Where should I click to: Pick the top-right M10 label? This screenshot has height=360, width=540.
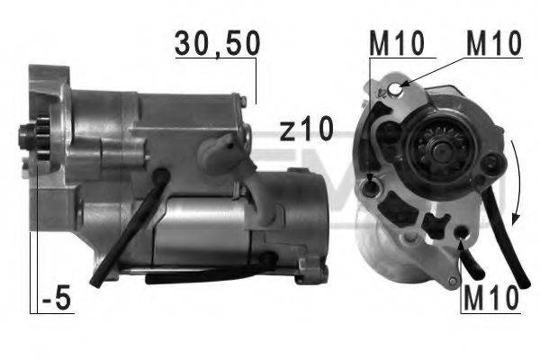coord(494,41)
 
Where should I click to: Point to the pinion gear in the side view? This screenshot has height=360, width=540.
coord(35,139)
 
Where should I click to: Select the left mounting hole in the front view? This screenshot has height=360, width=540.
coord(372,187)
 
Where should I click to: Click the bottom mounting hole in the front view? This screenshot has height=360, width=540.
coord(462,234)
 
